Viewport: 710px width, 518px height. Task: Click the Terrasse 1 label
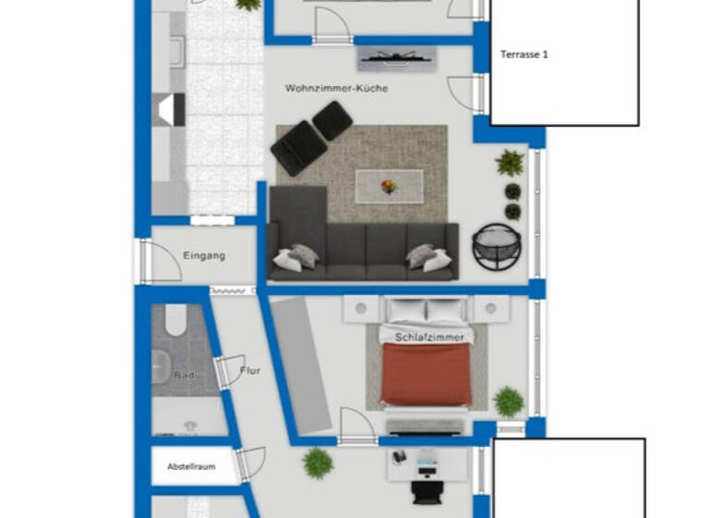click(x=524, y=55)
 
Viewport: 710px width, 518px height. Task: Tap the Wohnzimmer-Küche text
click(x=336, y=89)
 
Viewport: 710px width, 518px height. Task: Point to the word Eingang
click(x=204, y=256)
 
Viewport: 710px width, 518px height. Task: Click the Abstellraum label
click(x=191, y=466)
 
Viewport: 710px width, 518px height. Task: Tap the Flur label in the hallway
click(x=250, y=371)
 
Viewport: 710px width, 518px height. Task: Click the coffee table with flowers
click(x=389, y=185)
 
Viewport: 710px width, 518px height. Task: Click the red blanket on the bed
click(x=426, y=375)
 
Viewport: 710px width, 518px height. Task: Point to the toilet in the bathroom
click(x=176, y=319)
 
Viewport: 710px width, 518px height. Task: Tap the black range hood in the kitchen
click(x=170, y=110)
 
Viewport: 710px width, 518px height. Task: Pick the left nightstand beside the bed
click(x=361, y=309)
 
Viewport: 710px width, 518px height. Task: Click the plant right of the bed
click(x=508, y=401)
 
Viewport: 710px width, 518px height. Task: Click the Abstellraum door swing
click(x=251, y=462)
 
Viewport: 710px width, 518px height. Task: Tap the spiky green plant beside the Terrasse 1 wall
click(x=508, y=163)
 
